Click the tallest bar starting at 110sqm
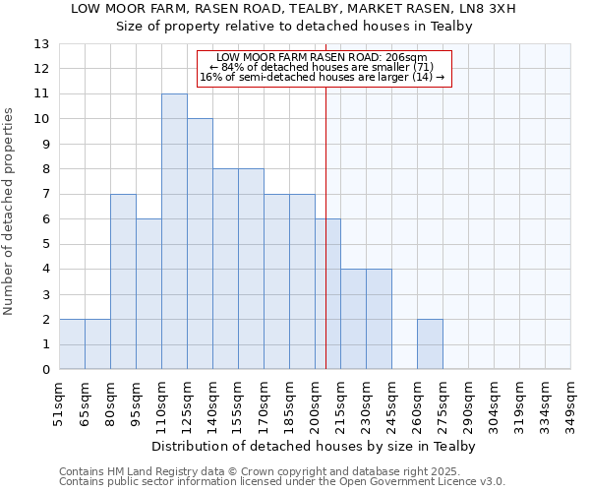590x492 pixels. [x=174, y=231]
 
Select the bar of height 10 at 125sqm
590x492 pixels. [x=200, y=244]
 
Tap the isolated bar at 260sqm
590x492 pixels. [x=430, y=344]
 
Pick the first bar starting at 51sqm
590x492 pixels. [x=72, y=344]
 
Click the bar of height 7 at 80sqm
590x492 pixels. [x=123, y=281]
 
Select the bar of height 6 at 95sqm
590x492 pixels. [x=148, y=294]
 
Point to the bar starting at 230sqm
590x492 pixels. [x=379, y=319]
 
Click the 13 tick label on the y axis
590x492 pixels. [x=41, y=44]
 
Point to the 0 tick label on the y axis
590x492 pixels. [x=45, y=370]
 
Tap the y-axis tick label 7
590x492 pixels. [x=45, y=195]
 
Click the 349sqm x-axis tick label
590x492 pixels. [x=570, y=402]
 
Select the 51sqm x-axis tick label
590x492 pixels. [x=59, y=402]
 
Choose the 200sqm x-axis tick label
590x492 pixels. [x=315, y=402]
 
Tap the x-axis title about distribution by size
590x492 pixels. [x=314, y=446]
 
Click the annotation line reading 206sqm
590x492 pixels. [x=323, y=58]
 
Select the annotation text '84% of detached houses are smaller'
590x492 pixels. [x=323, y=67]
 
